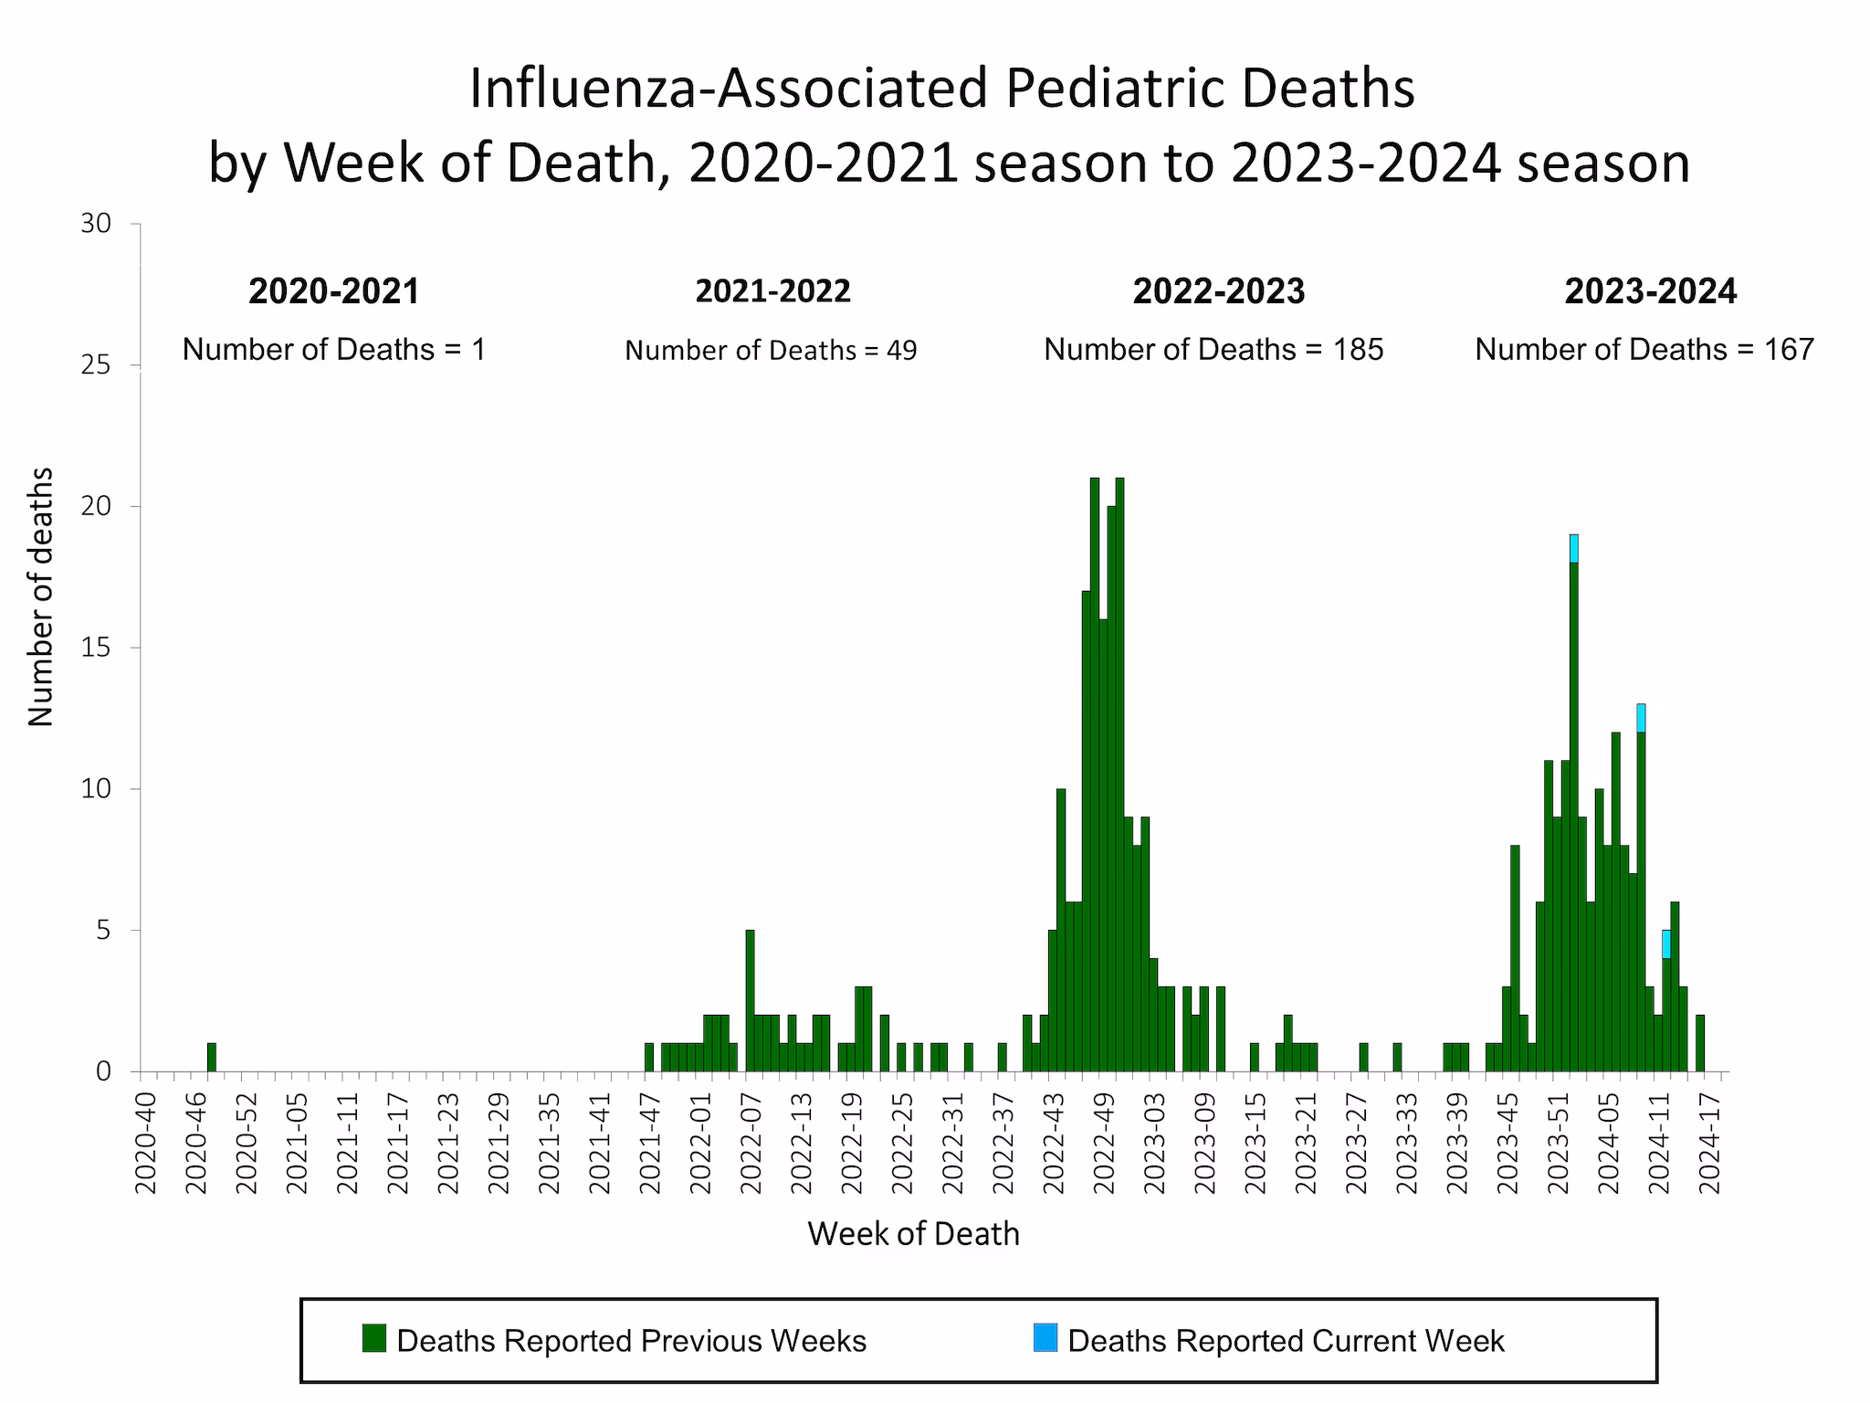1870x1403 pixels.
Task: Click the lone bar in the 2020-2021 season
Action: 212,1057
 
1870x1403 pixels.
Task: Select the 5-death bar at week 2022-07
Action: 750,1001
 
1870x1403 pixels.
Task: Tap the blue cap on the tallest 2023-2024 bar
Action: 1573,549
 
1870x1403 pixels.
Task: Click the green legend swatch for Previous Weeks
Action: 373,1338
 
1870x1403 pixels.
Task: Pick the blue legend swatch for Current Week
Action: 1045,1338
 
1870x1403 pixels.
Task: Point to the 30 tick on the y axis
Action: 96,224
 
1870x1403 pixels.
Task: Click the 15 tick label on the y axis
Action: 96,648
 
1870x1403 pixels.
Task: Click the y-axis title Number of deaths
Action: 41,596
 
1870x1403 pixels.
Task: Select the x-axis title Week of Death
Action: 913,1234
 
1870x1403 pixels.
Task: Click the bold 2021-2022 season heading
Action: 772,291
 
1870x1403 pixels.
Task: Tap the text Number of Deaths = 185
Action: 1213,349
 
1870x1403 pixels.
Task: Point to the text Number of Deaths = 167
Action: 1644,349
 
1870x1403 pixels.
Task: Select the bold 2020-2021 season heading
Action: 334,291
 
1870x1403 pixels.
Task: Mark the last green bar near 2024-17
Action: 1699,1043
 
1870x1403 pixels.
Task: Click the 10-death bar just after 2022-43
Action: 1061,930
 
